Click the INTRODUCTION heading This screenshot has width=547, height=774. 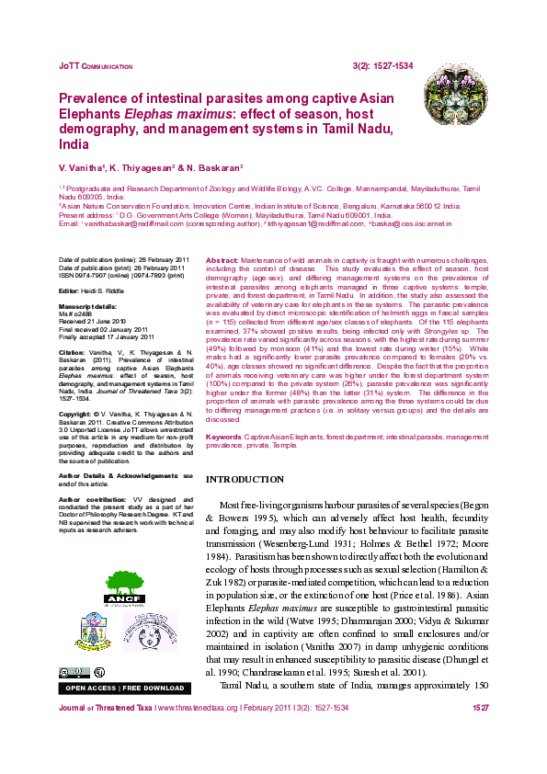pyautogui.click(x=245, y=480)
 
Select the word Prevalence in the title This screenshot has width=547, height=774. pyautogui.click(x=95, y=98)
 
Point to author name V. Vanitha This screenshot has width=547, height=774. pyautogui.click(x=82, y=169)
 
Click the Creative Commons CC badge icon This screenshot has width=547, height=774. pyautogui.click(x=67, y=673)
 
